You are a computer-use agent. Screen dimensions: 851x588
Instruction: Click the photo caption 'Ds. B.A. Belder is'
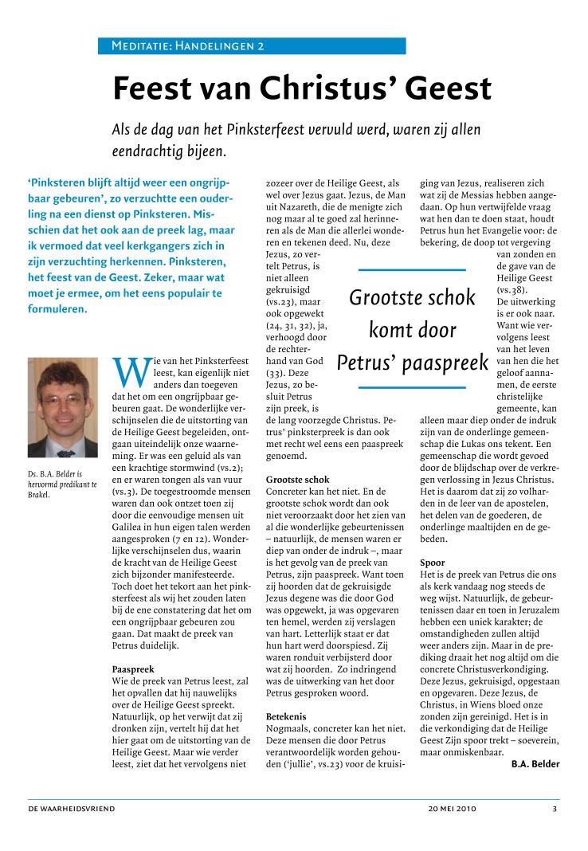(x=55, y=474)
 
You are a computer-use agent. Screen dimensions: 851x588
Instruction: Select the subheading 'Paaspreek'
(x=133, y=669)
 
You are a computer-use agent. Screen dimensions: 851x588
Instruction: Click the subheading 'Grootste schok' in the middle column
(x=297, y=480)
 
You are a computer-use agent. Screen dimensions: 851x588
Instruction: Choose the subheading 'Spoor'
(x=432, y=563)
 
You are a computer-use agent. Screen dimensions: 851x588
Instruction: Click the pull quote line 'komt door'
(x=412, y=330)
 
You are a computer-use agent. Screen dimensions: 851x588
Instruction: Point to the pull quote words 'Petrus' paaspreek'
(x=412, y=363)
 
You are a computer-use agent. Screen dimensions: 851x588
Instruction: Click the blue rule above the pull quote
(x=412, y=270)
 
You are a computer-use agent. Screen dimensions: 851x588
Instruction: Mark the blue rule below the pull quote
(x=412, y=387)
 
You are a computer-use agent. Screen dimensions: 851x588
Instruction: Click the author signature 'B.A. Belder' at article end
(x=535, y=764)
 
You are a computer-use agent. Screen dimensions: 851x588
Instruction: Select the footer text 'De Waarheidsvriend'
(x=72, y=809)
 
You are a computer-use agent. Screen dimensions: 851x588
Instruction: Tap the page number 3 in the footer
(x=555, y=809)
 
